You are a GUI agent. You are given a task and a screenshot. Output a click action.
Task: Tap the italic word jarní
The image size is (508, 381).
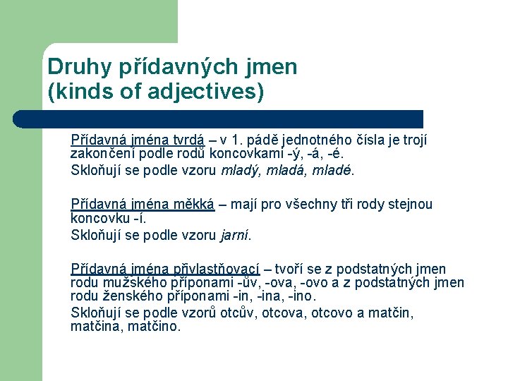pyautogui.click(x=235, y=235)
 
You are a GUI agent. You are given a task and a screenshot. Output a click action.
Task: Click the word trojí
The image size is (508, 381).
pyautogui.click(x=412, y=140)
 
